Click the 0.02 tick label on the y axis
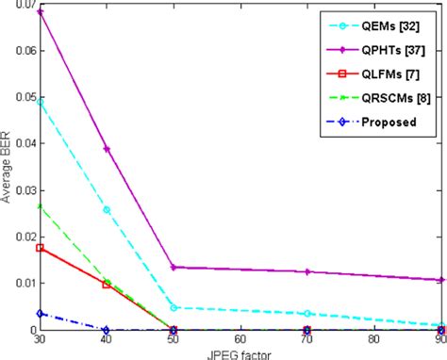[x=19, y=237]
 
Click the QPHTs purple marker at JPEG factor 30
[x=40, y=11]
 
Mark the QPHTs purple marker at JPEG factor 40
[x=107, y=149]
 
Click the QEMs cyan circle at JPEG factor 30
[x=40, y=102]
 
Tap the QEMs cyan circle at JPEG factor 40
[x=107, y=209]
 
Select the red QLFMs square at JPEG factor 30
[x=40, y=248]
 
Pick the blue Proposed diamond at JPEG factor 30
[x=40, y=313]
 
